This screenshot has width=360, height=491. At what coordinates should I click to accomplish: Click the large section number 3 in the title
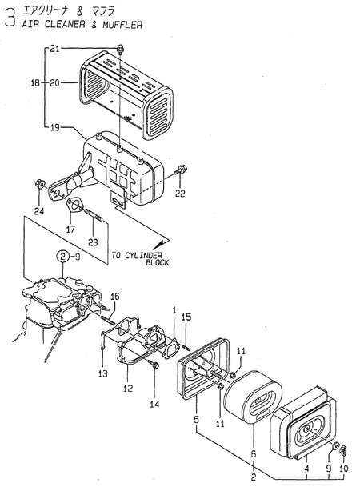[x=10, y=18]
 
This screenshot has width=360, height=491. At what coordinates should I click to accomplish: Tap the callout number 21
[x=54, y=50]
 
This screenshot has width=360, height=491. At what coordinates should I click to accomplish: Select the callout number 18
[x=34, y=82]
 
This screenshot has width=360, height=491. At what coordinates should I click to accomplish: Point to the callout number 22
[x=181, y=193]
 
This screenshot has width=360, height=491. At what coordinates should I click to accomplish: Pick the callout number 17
[x=70, y=230]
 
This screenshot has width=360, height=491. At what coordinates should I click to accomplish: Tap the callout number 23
[x=93, y=242]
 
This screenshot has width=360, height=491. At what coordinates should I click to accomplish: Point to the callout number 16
[x=114, y=297]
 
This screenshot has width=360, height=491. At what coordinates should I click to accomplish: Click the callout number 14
[x=155, y=405]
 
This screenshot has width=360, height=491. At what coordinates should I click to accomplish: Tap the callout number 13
[x=102, y=373]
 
